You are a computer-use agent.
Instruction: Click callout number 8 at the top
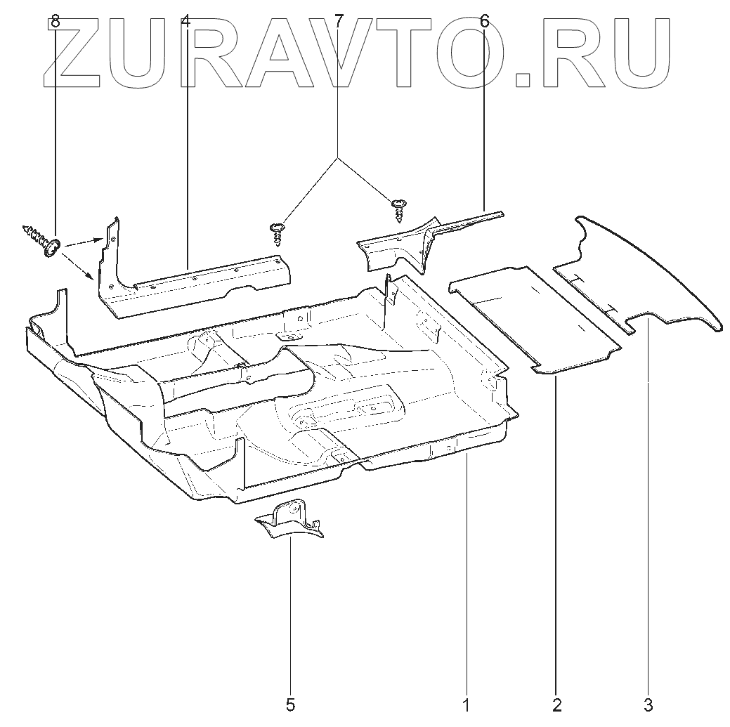[55, 22]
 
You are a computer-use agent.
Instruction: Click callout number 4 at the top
[185, 22]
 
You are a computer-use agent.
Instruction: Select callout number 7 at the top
[339, 22]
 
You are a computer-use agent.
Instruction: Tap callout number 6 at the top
[485, 22]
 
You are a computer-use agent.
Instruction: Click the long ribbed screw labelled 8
[41, 240]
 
